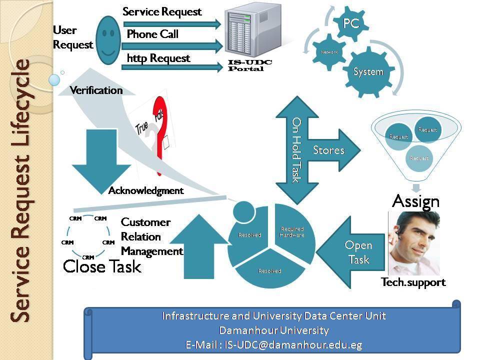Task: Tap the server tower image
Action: pyautogui.click(x=244, y=32)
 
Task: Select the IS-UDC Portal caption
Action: pyautogui.click(x=245, y=65)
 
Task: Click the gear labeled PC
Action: pyautogui.click(x=351, y=24)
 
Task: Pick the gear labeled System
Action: pyautogui.click(x=368, y=72)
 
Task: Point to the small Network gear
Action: pyautogui.click(x=329, y=51)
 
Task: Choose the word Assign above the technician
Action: pyautogui.click(x=415, y=201)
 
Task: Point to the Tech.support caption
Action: pyautogui.click(x=413, y=282)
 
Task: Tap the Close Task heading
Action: pyautogui.click(x=102, y=266)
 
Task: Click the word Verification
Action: pyautogui.click(x=96, y=90)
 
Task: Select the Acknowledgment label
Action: pyautogui.click(x=146, y=190)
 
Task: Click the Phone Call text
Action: pyautogui.click(x=152, y=34)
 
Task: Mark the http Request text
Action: pyautogui.click(x=158, y=58)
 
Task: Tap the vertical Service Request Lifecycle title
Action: pyautogui.click(x=21, y=190)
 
